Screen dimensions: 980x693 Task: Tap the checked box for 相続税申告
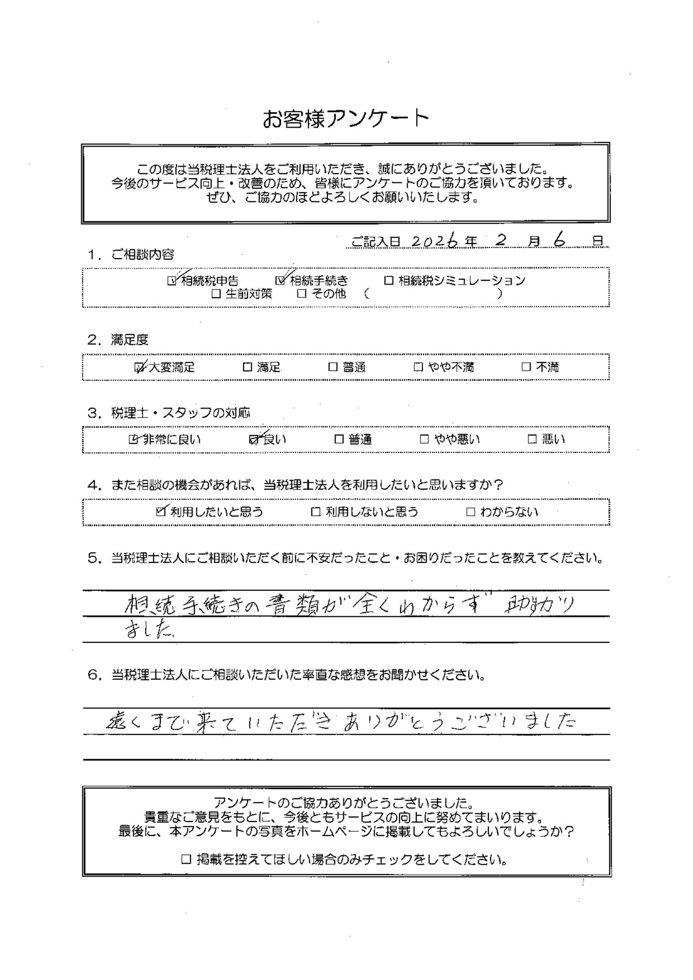click(172, 281)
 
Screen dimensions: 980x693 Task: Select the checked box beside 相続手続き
click(280, 281)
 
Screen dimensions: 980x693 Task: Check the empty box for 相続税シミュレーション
click(389, 281)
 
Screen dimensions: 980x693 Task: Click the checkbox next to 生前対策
click(216, 294)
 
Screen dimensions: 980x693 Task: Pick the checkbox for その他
click(302, 294)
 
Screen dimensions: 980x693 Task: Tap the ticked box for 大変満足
click(140, 367)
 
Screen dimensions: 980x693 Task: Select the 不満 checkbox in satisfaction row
click(526, 367)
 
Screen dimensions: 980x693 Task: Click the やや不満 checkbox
click(418, 367)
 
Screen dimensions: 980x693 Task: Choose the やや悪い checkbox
click(424, 439)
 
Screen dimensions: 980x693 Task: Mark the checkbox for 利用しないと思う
click(316, 512)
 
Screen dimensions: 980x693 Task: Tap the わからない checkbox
click(470, 512)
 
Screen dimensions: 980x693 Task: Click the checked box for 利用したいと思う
click(160, 512)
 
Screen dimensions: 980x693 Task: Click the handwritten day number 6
click(559, 241)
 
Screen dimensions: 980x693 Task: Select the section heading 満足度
click(129, 340)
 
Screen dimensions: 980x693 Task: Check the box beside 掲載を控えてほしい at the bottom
click(186, 859)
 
